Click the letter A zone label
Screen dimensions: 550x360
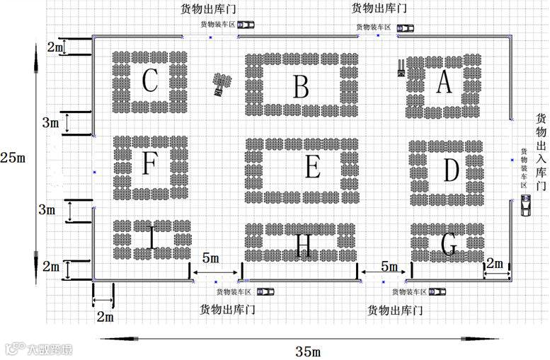pyautogui.click(x=443, y=82)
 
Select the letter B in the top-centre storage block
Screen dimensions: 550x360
pyautogui.click(x=301, y=87)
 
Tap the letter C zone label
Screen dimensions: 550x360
pyautogui.click(x=149, y=81)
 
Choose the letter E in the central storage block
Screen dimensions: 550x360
pyautogui.click(x=312, y=168)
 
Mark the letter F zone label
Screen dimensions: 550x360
pyautogui.click(x=149, y=163)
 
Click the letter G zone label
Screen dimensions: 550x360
pyautogui.click(x=448, y=245)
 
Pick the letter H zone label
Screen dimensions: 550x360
pyautogui.click(x=303, y=245)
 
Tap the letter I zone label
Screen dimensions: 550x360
pyautogui.click(x=151, y=238)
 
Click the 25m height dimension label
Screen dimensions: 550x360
pyautogui.click(x=13, y=157)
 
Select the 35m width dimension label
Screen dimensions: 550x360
pyautogui.click(x=308, y=351)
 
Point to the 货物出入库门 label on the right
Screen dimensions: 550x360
pyautogui.click(x=541, y=152)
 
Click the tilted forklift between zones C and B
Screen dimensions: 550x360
pyautogui.click(x=222, y=83)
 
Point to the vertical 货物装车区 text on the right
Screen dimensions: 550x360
pyautogui.click(x=524, y=167)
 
